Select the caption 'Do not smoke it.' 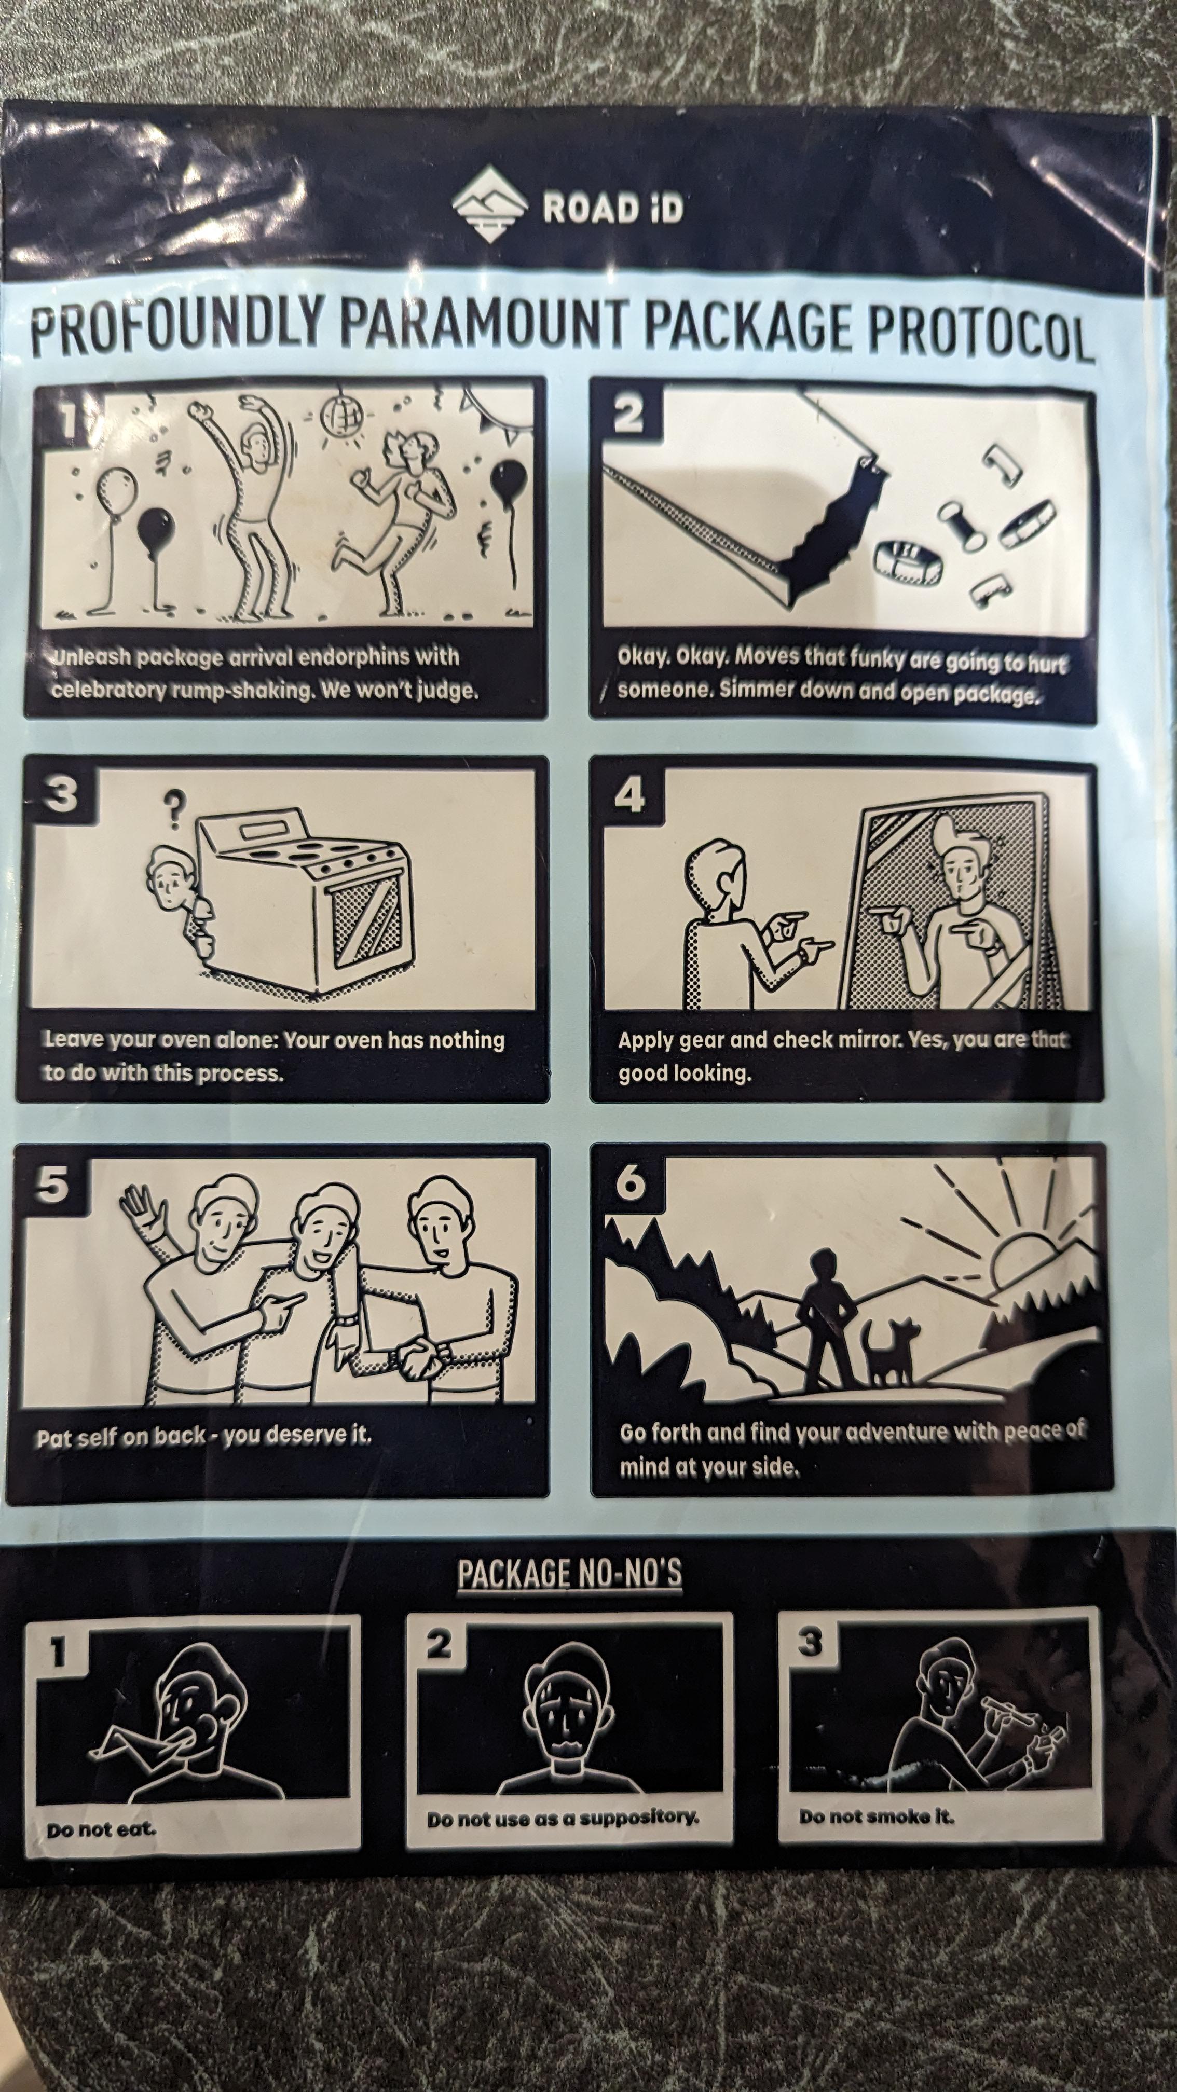(875, 1816)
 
